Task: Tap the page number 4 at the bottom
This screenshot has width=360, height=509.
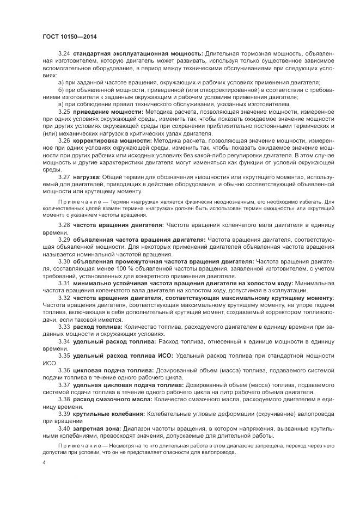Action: [44, 462]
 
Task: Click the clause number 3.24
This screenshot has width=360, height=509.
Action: [65, 53]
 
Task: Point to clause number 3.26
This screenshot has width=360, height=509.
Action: [65, 140]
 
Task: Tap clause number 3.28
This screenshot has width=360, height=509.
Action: [65, 224]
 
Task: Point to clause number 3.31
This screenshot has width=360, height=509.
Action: [65, 283]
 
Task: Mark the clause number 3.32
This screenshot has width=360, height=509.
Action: [65, 298]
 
